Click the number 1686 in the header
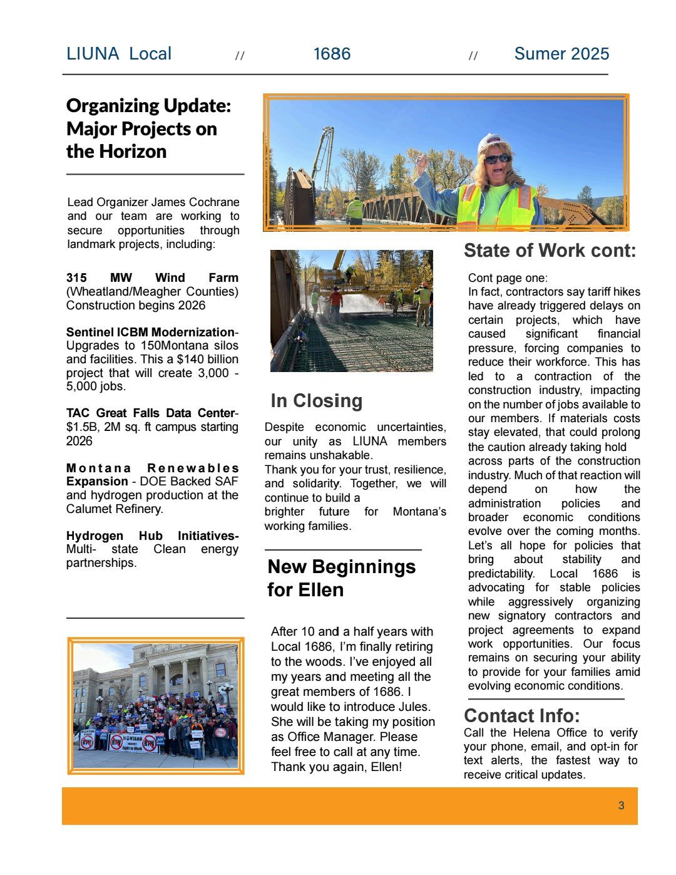click(x=332, y=54)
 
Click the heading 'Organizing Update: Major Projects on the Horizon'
click(x=148, y=128)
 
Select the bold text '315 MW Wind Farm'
click(x=152, y=277)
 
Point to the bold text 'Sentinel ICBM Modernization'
click(x=150, y=332)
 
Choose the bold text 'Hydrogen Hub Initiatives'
click(x=151, y=536)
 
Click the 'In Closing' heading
click(x=316, y=401)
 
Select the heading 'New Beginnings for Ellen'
click(x=341, y=577)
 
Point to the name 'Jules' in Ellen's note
click(x=414, y=707)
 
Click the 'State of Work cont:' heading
click(x=550, y=251)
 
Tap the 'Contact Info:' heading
click(x=521, y=715)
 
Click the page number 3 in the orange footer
click(x=621, y=805)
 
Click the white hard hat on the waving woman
click(x=494, y=143)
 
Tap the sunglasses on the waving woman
click(x=498, y=159)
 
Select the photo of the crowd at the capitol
click(x=155, y=705)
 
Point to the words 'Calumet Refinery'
click(x=114, y=509)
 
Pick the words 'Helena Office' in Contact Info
click(x=550, y=733)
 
